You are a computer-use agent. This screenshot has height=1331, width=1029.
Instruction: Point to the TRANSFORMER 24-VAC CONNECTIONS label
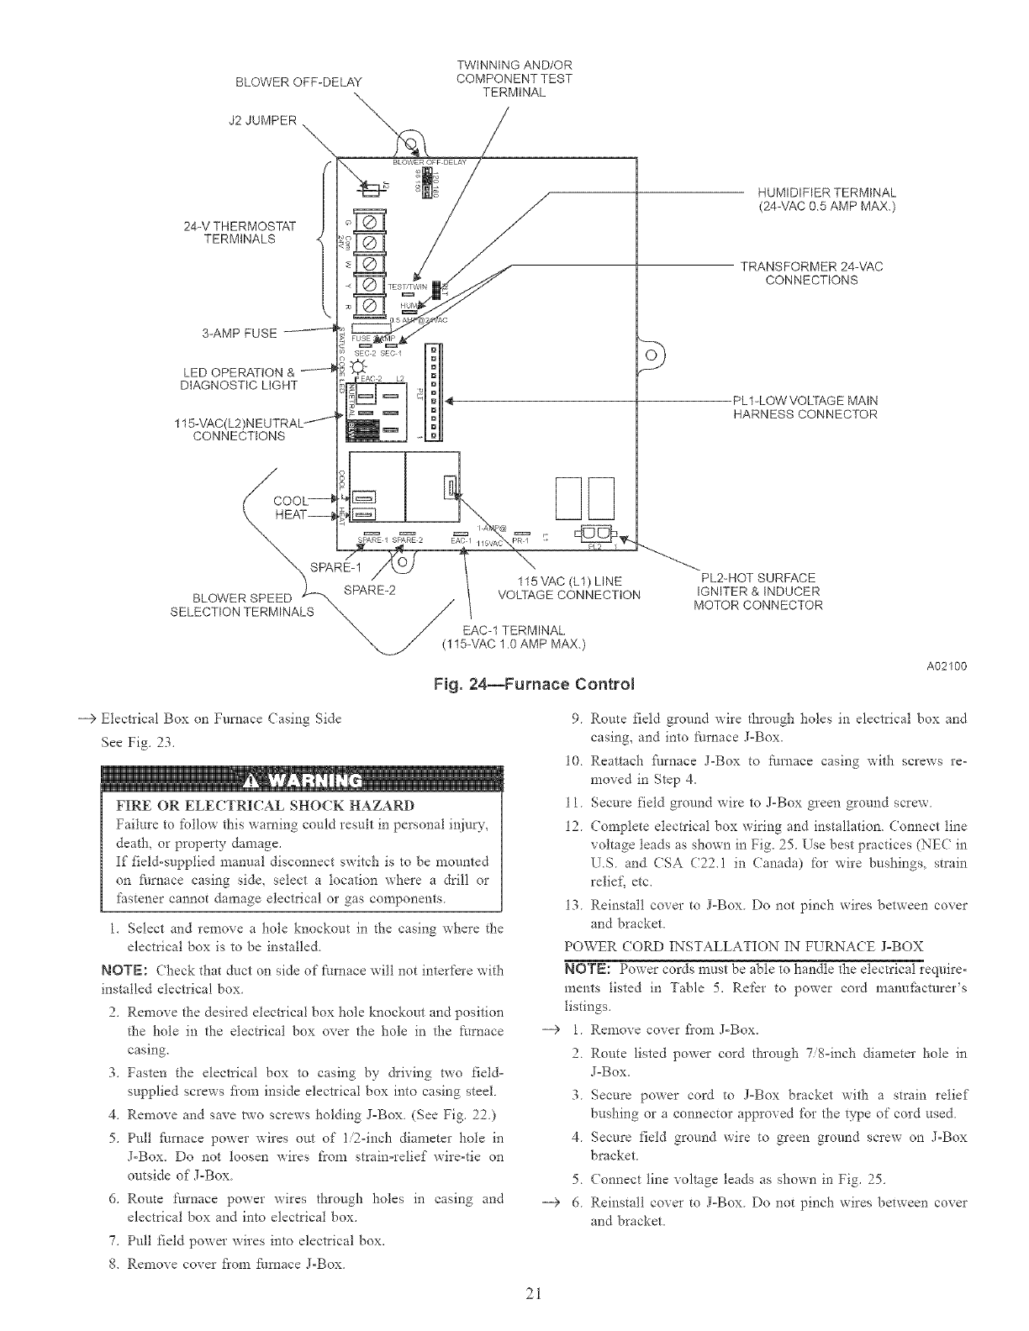[x=811, y=273]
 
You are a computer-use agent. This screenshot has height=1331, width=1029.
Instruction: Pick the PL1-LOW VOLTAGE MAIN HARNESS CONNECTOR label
[x=805, y=407]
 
